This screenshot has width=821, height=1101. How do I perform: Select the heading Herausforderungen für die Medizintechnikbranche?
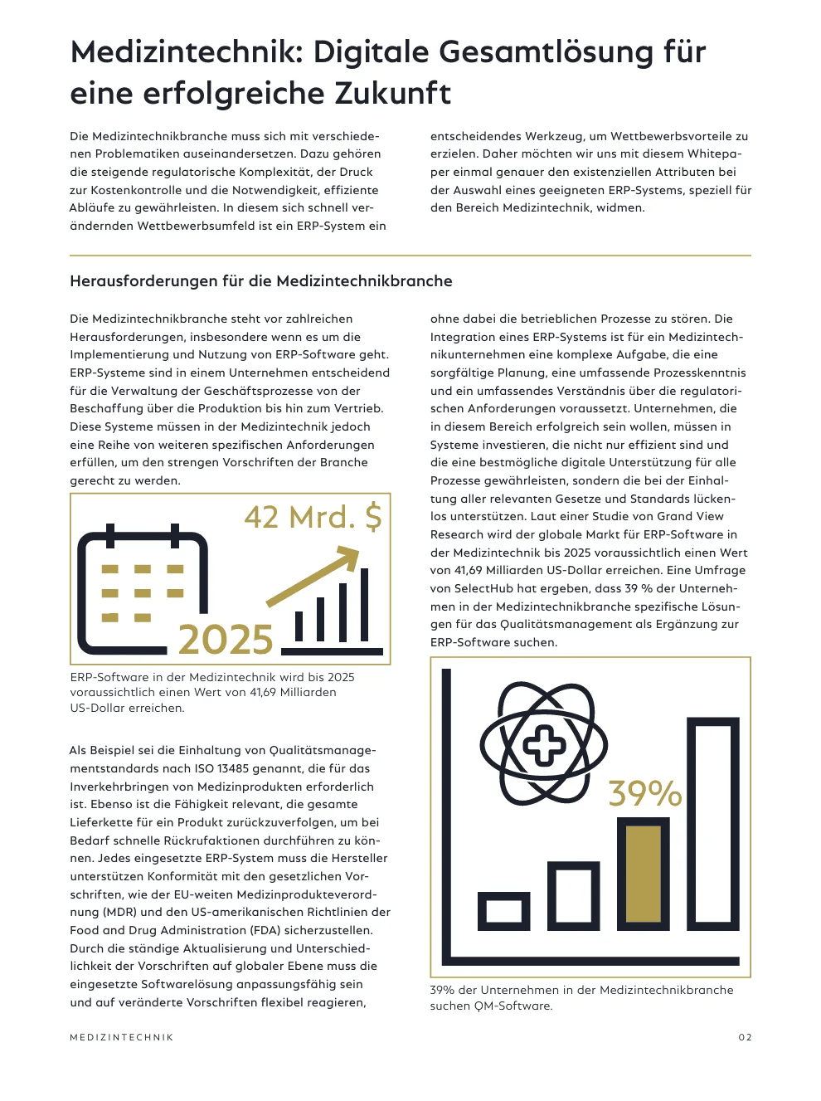261,281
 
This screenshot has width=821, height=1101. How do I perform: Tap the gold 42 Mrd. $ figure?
313,517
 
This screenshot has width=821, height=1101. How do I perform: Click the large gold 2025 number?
226,640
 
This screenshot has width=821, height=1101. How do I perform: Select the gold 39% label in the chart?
644,793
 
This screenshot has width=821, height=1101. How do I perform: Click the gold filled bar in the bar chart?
643,873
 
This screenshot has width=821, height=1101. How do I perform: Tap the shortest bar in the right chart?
503,910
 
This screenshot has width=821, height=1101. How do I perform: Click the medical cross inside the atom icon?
545,744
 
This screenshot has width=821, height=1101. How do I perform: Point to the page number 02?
745,1037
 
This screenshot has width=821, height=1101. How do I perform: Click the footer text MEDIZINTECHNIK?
122,1037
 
